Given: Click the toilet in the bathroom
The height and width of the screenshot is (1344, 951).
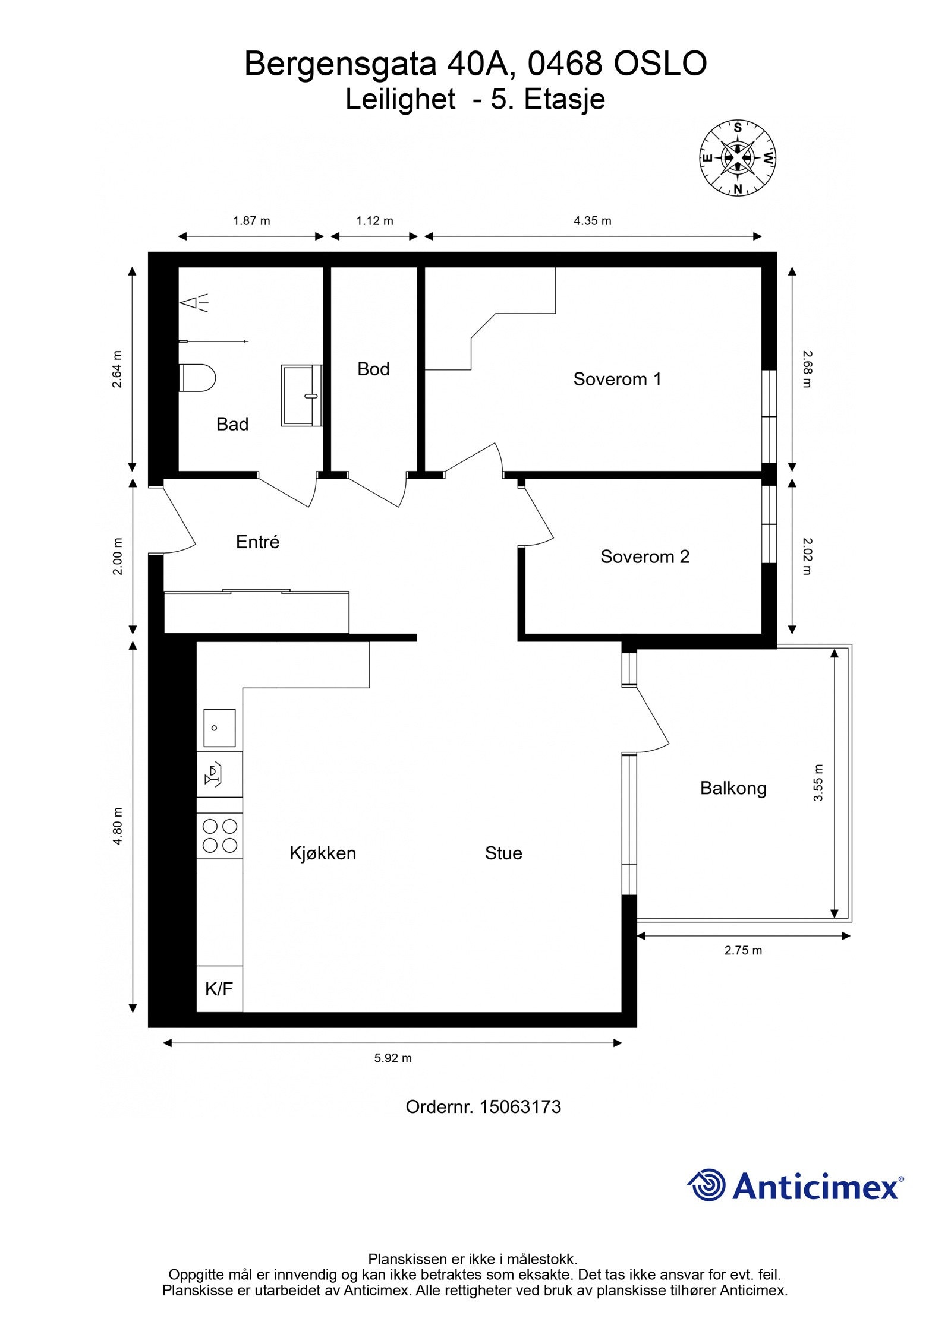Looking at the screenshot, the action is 197,377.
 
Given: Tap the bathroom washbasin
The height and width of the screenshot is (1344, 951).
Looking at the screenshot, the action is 301,396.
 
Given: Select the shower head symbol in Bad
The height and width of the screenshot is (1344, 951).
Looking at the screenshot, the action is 195,303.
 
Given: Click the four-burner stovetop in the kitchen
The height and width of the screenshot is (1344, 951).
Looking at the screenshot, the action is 220,836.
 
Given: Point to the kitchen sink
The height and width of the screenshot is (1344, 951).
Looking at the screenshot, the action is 219,728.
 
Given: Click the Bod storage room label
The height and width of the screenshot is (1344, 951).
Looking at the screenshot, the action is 373,369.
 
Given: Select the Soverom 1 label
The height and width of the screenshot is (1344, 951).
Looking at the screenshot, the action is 617,379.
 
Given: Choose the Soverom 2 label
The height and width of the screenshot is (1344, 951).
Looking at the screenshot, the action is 645,556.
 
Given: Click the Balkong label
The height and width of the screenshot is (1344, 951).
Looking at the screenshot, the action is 733,789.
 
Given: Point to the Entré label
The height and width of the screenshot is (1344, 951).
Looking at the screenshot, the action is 257,541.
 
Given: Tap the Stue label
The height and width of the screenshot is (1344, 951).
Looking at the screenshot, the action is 503,853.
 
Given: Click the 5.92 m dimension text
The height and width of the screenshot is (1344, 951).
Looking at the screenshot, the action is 393,1058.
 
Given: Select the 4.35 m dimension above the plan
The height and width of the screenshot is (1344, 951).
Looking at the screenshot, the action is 592,221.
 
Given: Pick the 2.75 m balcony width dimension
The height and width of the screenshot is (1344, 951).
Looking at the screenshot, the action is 743,950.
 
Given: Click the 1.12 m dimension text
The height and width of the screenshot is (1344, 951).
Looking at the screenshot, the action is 374,221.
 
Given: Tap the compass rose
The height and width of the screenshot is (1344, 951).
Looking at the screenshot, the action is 738,158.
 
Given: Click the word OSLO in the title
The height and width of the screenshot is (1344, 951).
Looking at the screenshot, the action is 660,64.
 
